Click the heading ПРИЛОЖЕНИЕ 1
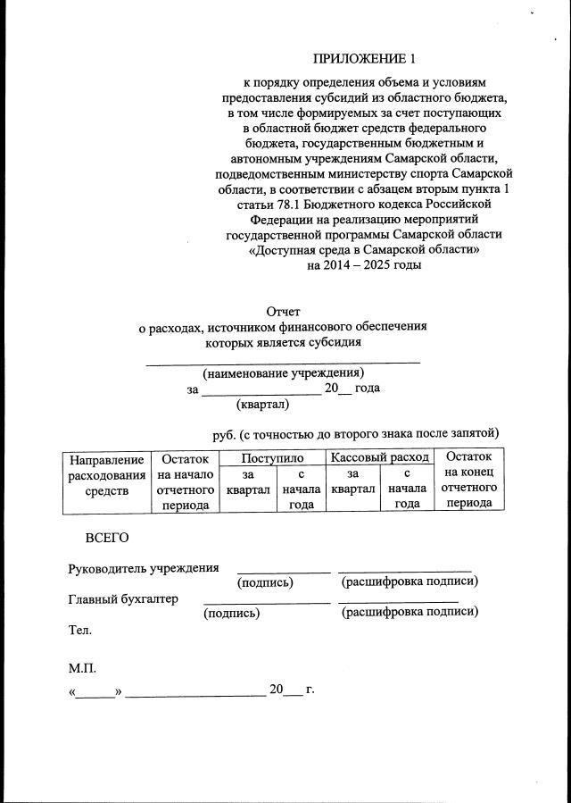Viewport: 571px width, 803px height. click(x=364, y=60)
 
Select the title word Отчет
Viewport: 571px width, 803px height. click(x=285, y=312)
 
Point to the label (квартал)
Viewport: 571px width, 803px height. click(x=263, y=405)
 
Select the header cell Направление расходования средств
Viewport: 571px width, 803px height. click(x=106, y=474)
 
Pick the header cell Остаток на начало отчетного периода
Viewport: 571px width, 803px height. click(x=185, y=481)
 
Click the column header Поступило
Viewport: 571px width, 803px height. click(x=272, y=456)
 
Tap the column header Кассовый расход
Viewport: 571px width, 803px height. click(x=379, y=456)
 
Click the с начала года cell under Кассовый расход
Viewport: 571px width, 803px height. click(x=407, y=489)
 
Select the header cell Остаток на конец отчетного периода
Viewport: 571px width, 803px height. click(x=469, y=480)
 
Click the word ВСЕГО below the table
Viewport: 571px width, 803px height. click(x=107, y=538)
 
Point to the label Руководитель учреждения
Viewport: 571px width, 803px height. click(x=144, y=568)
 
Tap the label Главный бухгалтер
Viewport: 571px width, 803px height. click(x=123, y=598)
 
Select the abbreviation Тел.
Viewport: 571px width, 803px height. click(x=80, y=630)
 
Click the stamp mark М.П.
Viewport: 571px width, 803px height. click(x=82, y=668)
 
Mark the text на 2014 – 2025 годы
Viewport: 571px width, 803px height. click(x=364, y=265)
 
